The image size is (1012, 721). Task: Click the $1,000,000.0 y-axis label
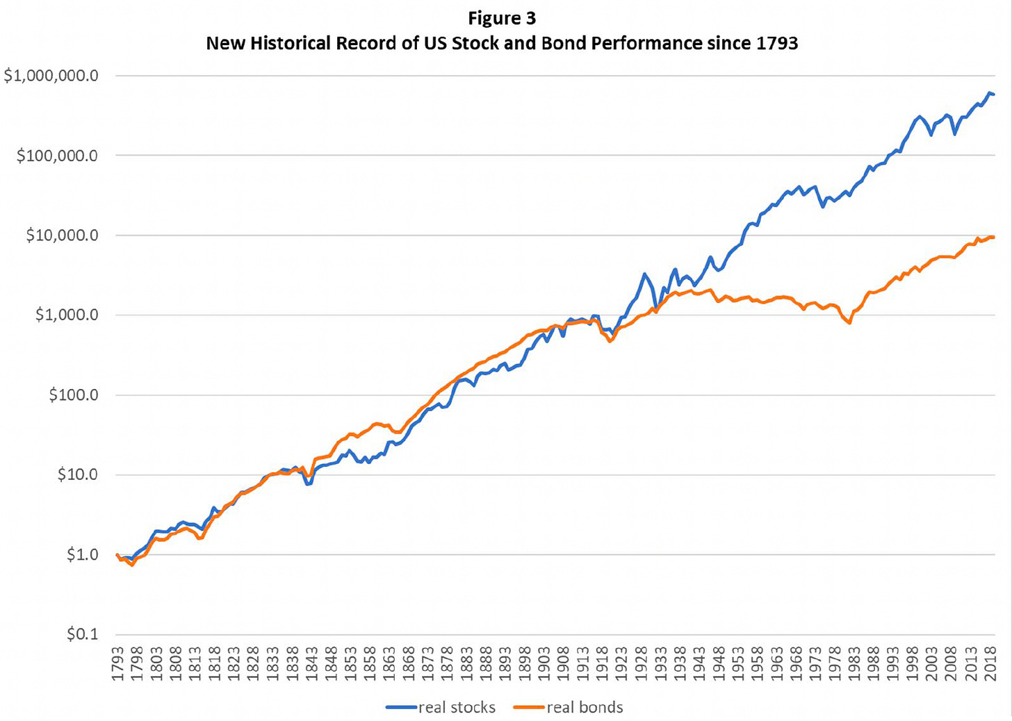pyautogui.click(x=51, y=76)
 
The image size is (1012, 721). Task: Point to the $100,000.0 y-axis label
pyautogui.click(x=58, y=156)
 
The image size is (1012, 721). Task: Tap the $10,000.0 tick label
pyautogui.click(x=62, y=235)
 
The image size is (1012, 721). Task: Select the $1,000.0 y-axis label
pyautogui.click(x=67, y=315)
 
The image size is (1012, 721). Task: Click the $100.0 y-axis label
pyautogui.click(x=74, y=395)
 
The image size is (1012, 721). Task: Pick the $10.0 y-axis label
pyautogui.click(x=78, y=474)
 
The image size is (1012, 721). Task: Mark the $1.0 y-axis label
pyautogui.click(x=83, y=554)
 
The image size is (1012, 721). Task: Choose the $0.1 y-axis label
pyautogui.click(x=83, y=634)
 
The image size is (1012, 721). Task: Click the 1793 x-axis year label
pyautogui.click(x=117, y=663)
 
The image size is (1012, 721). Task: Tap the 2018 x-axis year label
pyautogui.click(x=990, y=663)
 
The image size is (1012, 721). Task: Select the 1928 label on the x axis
pyautogui.click(x=642, y=663)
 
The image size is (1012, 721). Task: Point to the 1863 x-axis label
pyautogui.click(x=389, y=663)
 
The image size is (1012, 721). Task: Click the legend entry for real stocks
pyautogui.click(x=441, y=707)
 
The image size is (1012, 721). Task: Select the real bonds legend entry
pyautogui.click(x=569, y=707)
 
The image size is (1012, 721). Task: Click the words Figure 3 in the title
pyautogui.click(x=502, y=18)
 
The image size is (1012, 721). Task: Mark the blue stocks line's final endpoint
pyautogui.click(x=993, y=94)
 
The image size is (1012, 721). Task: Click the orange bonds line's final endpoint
pyautogui.click(x=993, y=237)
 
